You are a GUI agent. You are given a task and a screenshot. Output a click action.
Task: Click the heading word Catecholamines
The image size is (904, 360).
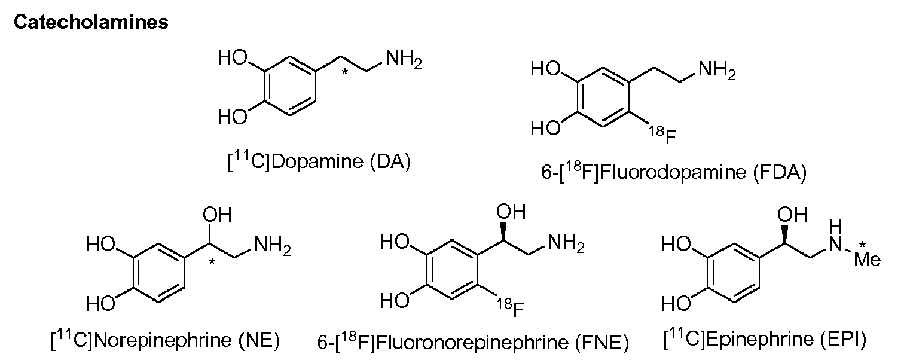tap(91, 22)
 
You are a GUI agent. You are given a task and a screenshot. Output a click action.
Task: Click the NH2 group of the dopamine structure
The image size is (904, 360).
tap(404, 60)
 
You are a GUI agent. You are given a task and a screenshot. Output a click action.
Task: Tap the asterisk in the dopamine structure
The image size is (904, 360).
tap(344, 72)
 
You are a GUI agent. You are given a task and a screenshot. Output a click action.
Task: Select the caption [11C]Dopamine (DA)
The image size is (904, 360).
tap(319, 161)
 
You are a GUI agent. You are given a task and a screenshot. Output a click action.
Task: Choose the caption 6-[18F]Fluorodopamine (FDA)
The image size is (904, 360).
tap(674, 172)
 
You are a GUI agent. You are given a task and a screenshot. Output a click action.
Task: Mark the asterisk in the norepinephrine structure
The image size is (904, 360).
tap(212, 261)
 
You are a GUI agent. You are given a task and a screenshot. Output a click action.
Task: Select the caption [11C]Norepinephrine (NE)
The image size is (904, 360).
tap(166, 340)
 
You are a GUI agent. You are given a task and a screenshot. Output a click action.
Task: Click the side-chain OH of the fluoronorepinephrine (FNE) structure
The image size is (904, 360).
tap(511, 212)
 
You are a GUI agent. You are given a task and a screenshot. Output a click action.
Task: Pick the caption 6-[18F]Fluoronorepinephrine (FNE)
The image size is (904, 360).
tap(473, 342)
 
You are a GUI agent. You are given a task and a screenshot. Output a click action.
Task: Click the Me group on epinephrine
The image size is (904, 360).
tap(868, 260)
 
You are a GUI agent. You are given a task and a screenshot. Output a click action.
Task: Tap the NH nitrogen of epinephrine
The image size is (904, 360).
tap(836, 243)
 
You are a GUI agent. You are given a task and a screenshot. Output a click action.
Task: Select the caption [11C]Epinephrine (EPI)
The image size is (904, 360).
tap(765, 338)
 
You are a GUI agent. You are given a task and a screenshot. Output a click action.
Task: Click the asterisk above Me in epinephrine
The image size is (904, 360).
tap(862, 245)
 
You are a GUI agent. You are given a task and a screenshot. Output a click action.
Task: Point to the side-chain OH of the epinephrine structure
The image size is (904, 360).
tap(792, 214)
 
